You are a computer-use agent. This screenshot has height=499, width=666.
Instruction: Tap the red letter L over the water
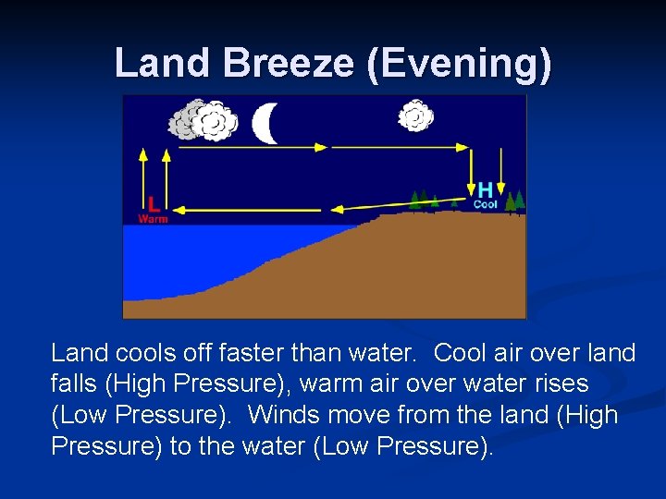point(153,203)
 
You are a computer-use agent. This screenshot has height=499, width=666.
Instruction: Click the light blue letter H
point(485,189)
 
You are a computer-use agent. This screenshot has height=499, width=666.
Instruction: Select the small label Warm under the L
point(153,219)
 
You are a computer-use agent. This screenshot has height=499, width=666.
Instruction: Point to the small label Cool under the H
point(486,204)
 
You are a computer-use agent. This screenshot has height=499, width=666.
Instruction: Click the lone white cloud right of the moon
point(415,116)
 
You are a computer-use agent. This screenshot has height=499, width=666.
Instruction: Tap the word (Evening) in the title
point(460,63)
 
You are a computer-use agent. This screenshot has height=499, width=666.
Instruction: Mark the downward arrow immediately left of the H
point(469,171)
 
